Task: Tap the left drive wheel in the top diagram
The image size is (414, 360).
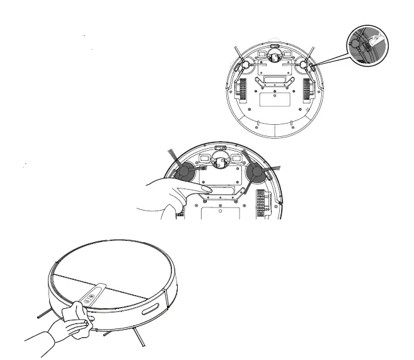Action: [x=240, y=88]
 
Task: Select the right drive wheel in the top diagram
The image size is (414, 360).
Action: [x=308, y=88]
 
